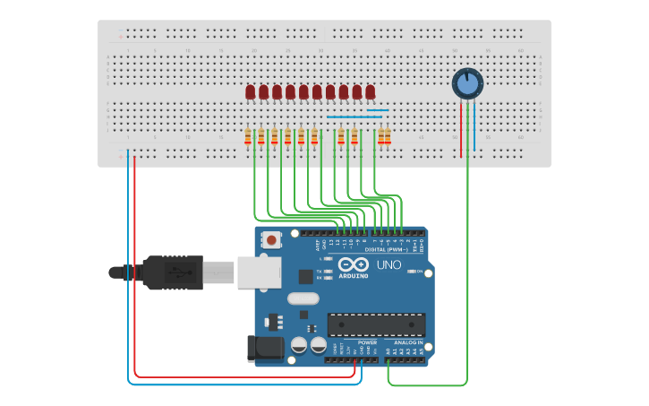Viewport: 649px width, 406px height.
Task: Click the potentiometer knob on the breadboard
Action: (466, 84)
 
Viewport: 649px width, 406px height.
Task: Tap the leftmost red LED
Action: (250, 91)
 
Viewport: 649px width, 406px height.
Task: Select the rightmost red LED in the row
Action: (370, 91)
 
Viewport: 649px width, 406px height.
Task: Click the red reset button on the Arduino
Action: (271, 240)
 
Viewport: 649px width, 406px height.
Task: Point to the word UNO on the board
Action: (389, 265)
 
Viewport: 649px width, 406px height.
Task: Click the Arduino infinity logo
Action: (354, 265)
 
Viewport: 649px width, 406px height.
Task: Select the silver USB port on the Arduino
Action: (259, 272)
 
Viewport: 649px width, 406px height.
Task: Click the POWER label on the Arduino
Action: (367, 341)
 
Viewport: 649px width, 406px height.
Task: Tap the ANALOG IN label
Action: (407, 341)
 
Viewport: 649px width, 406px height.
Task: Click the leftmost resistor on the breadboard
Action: (248, 136)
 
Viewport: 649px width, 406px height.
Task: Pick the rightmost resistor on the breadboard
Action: (388, 136)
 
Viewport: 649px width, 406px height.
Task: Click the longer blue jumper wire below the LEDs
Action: (354, 117)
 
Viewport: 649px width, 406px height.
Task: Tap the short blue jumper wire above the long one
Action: (378, 110)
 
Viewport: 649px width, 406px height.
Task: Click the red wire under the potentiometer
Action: (462, 130)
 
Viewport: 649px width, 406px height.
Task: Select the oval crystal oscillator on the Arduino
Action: (303, 298)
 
